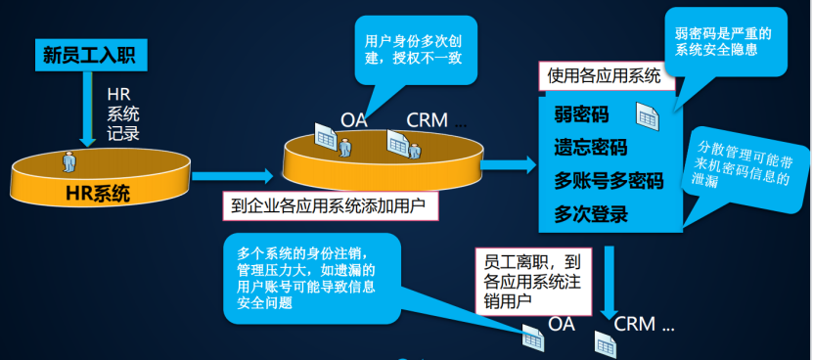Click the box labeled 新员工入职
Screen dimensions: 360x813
92,55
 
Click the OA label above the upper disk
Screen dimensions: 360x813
354,120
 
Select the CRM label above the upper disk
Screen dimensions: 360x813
427,120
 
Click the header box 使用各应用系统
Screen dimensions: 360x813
605,74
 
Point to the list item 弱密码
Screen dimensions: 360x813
581,115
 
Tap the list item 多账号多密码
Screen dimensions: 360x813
609,181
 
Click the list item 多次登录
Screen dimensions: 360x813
591,213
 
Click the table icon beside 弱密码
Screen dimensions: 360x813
648,116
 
